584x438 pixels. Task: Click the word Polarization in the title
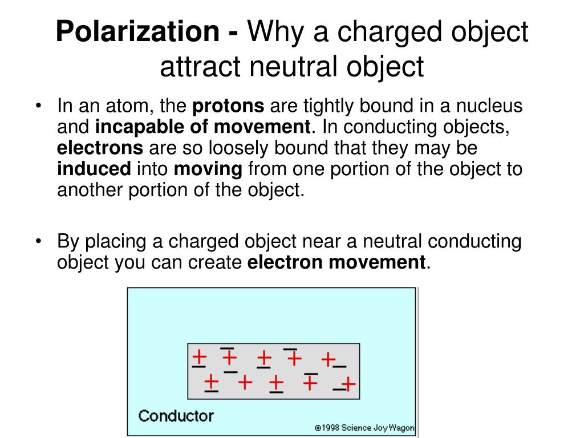140,33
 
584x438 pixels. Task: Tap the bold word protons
229,106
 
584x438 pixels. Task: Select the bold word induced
94,169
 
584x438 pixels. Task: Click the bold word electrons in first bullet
100,148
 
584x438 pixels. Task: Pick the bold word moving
209,169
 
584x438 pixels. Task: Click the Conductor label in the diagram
176,415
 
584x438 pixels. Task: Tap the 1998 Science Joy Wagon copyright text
364,428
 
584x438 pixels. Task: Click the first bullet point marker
38,107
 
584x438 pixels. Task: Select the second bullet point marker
38,242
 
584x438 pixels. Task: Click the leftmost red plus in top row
199,357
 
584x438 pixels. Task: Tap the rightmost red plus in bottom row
349,383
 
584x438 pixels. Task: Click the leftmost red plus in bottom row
211,380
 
